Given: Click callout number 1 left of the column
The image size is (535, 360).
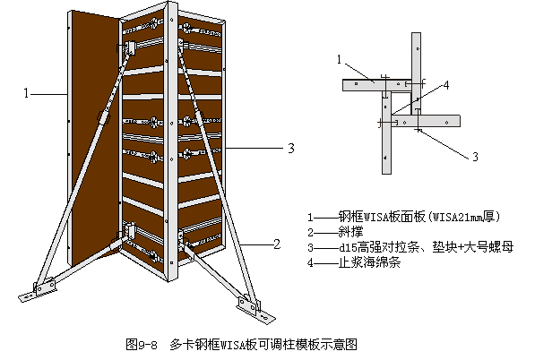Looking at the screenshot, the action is pos(26,93).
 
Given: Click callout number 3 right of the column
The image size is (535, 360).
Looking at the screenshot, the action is pos(291,149).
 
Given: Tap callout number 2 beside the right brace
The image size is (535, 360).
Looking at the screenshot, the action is pos(277,244).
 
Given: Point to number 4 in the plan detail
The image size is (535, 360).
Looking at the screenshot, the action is pos(446,85).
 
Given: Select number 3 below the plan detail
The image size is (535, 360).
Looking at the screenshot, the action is pos(475,157).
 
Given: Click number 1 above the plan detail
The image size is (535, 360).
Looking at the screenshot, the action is pos(339,60).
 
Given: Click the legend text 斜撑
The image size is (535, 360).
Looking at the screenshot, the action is pos(350,232).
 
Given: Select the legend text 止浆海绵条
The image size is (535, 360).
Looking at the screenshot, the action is pos(369,262).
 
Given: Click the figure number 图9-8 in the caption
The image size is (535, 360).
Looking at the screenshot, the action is pos(142,344).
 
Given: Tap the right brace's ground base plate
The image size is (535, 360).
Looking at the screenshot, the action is pos(256,310).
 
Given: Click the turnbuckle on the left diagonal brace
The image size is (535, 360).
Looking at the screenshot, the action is pos(104,117).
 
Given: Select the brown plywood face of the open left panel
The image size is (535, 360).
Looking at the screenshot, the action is pos(95,136).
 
